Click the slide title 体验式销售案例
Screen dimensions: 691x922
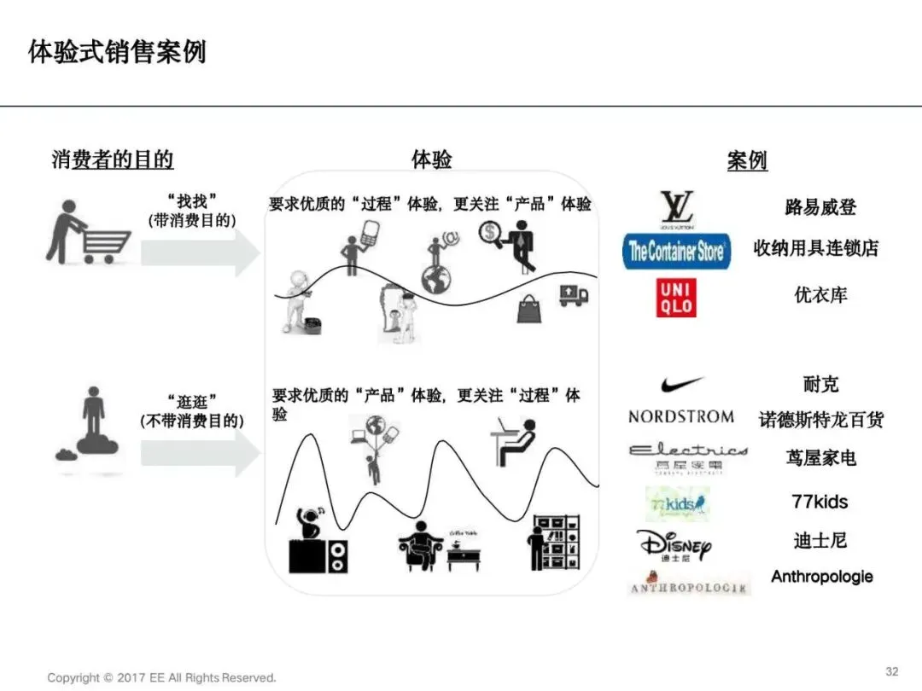[117, 52]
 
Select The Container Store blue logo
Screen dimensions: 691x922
[676, 251]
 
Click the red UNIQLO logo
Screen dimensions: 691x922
[675, 298]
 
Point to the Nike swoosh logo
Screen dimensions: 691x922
[681, 384]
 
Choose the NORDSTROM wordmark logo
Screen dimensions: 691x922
[680, 416]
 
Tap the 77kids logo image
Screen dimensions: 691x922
[678, 504]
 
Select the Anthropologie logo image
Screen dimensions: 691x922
[688, 587]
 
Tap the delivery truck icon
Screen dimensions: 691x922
[573, 295]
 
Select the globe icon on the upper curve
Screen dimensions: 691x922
[440, 277]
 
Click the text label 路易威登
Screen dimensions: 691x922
[820, 207]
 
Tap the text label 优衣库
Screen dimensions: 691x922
[820, 295]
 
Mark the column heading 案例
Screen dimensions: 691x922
[747, 160]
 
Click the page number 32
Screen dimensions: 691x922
[892, 671]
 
